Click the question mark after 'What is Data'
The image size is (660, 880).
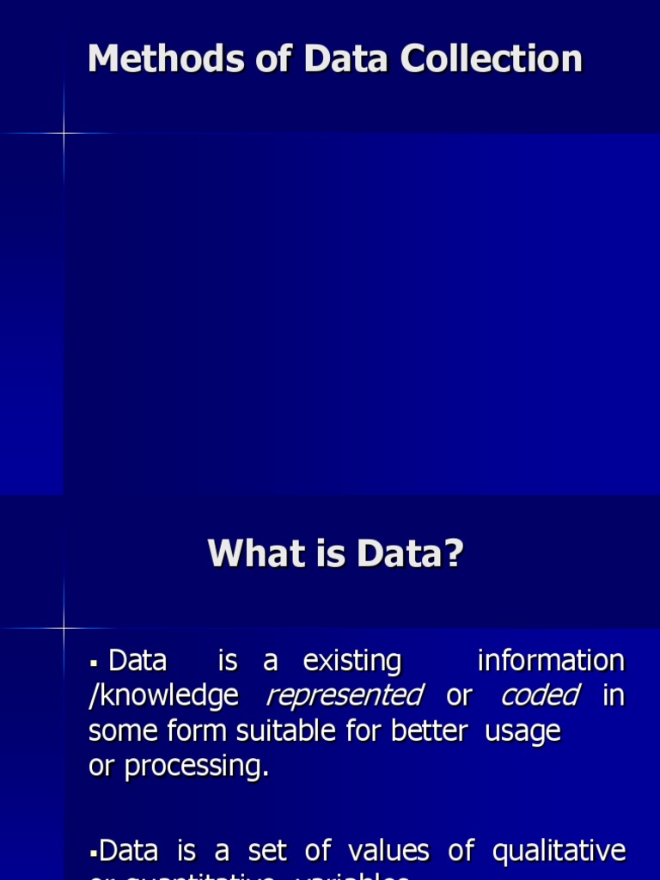click(455, 553)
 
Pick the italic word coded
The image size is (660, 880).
click(541, 695)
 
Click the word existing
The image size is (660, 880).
click(352, 662)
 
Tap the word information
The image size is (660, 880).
click(551, 661)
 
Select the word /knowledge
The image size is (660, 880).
click(163, 696)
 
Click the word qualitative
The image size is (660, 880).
click(559, 852)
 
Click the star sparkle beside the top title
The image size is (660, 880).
click(64, 133)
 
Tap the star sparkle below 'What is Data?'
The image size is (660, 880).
click(64, 628)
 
